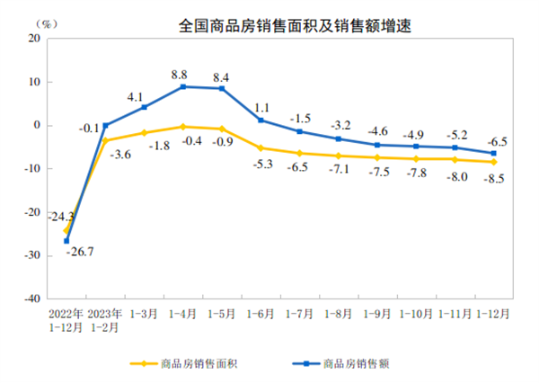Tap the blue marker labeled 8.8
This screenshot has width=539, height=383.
(x=183, y=86)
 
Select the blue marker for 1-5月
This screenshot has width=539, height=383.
(x=221, y=88)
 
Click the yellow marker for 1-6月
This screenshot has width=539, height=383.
(x=261, y=148)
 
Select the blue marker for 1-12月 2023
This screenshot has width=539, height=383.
(x=493, y=153)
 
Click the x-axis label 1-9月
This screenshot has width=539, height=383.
(x=376, y=314)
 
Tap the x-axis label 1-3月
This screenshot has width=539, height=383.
(x=145, y=314)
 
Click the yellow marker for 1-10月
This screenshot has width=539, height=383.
(x=416, y=159)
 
